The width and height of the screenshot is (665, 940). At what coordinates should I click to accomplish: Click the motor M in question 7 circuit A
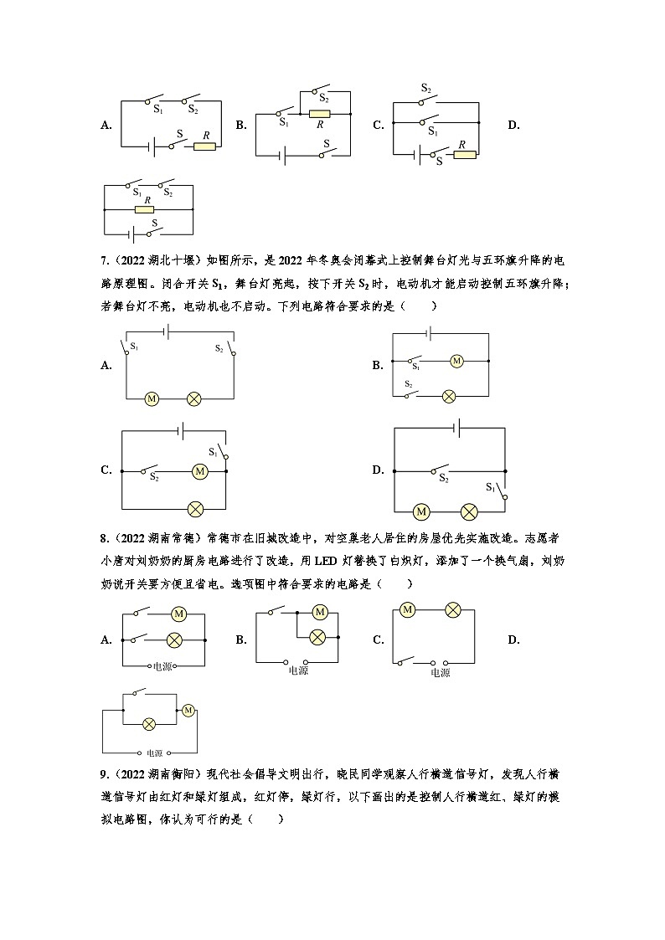coord(152,399)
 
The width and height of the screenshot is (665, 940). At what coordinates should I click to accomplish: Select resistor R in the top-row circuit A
coord(204,146)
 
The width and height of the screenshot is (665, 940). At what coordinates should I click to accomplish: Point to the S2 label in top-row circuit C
coord(426,88)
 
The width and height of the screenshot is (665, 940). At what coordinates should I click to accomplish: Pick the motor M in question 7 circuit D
coord(421,511)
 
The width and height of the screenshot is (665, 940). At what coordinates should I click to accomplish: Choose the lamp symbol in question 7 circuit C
coord(195,508)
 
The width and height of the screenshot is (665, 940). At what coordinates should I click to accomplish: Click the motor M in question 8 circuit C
coord(407,609)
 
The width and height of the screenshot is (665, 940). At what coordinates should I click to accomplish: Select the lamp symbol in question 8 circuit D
coord(149,722)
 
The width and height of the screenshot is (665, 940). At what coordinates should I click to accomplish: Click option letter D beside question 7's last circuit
coord(378,470)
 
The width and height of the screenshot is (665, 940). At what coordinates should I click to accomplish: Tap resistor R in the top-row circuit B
coord(319,113)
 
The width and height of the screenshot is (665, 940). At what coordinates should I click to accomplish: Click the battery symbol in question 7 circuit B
coord(429,334)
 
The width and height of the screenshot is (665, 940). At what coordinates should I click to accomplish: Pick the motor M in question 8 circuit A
coord(178,614)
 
